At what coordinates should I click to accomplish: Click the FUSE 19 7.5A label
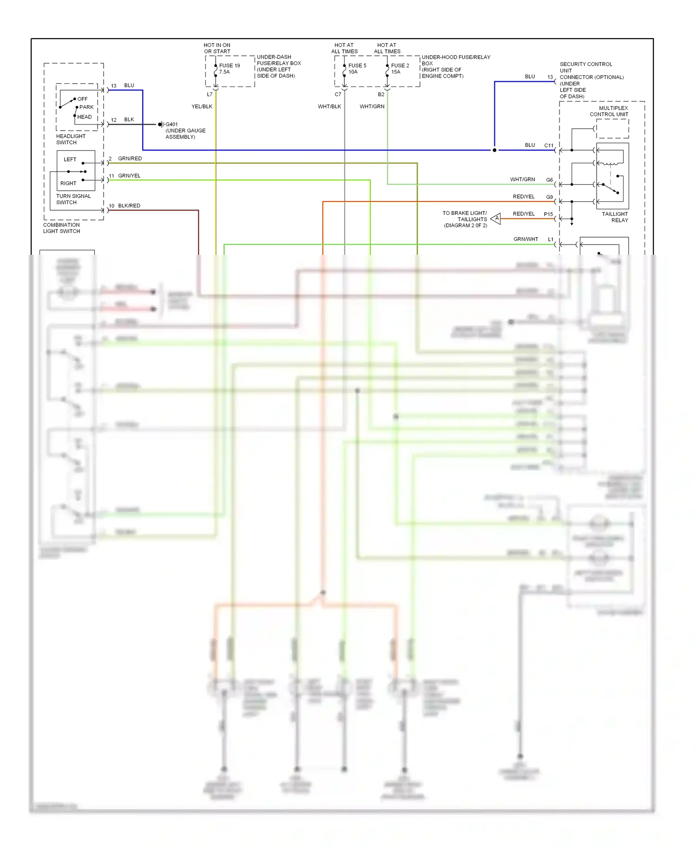click(229, 69)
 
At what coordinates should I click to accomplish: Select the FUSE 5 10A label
click(357, 69)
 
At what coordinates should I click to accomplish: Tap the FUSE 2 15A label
click(400, 69)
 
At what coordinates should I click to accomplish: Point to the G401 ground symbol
click(161, 125)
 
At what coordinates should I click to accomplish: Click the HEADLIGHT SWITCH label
click(71, 139)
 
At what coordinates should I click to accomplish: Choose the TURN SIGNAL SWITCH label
click(73, 199)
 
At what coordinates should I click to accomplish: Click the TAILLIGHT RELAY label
click(614, 217)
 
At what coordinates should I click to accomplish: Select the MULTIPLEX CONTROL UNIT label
click(609, 111)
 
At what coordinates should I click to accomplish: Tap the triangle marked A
click(496, 218)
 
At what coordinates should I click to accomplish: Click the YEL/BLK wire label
click(202, 106)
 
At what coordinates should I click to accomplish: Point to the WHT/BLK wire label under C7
click(329, 106)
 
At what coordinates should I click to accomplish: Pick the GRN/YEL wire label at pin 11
click(129, 176)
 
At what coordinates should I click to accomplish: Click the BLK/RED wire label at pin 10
click(129, 206)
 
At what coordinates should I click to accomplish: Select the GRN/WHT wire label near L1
click(526, 239)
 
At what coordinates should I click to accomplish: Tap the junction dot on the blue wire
click(494, 150)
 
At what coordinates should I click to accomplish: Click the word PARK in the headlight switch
click(86, 107)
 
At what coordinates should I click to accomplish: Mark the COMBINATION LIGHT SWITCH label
click(61, 228)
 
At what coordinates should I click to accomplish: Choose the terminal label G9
click(549, 197)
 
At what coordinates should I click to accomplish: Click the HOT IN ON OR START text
click(217, 48)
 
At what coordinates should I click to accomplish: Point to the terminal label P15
click(548, 214)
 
